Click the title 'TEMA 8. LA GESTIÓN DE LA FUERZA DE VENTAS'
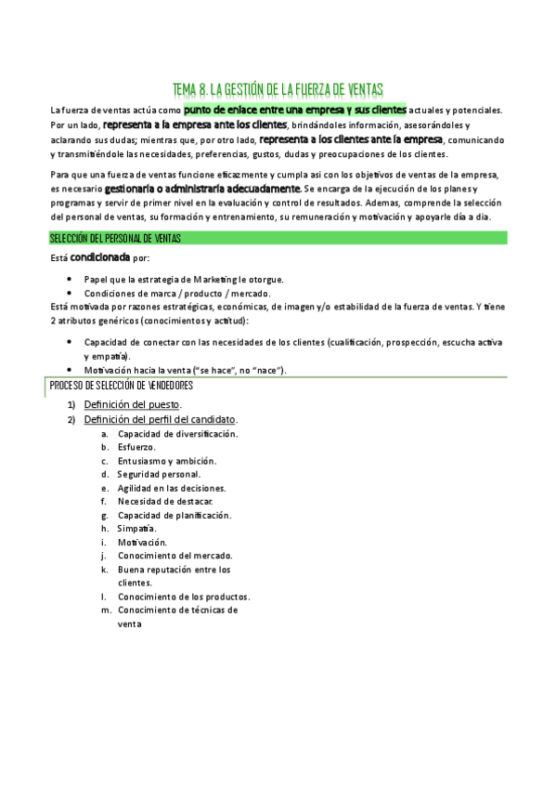(278, 89)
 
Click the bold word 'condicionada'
(101, 257)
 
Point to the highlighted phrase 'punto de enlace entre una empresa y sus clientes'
(296, 110)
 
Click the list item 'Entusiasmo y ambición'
(166, 461)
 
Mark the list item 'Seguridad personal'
(159, 474)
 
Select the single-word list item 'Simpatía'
(136, 528)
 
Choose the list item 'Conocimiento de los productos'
(183, 597)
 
